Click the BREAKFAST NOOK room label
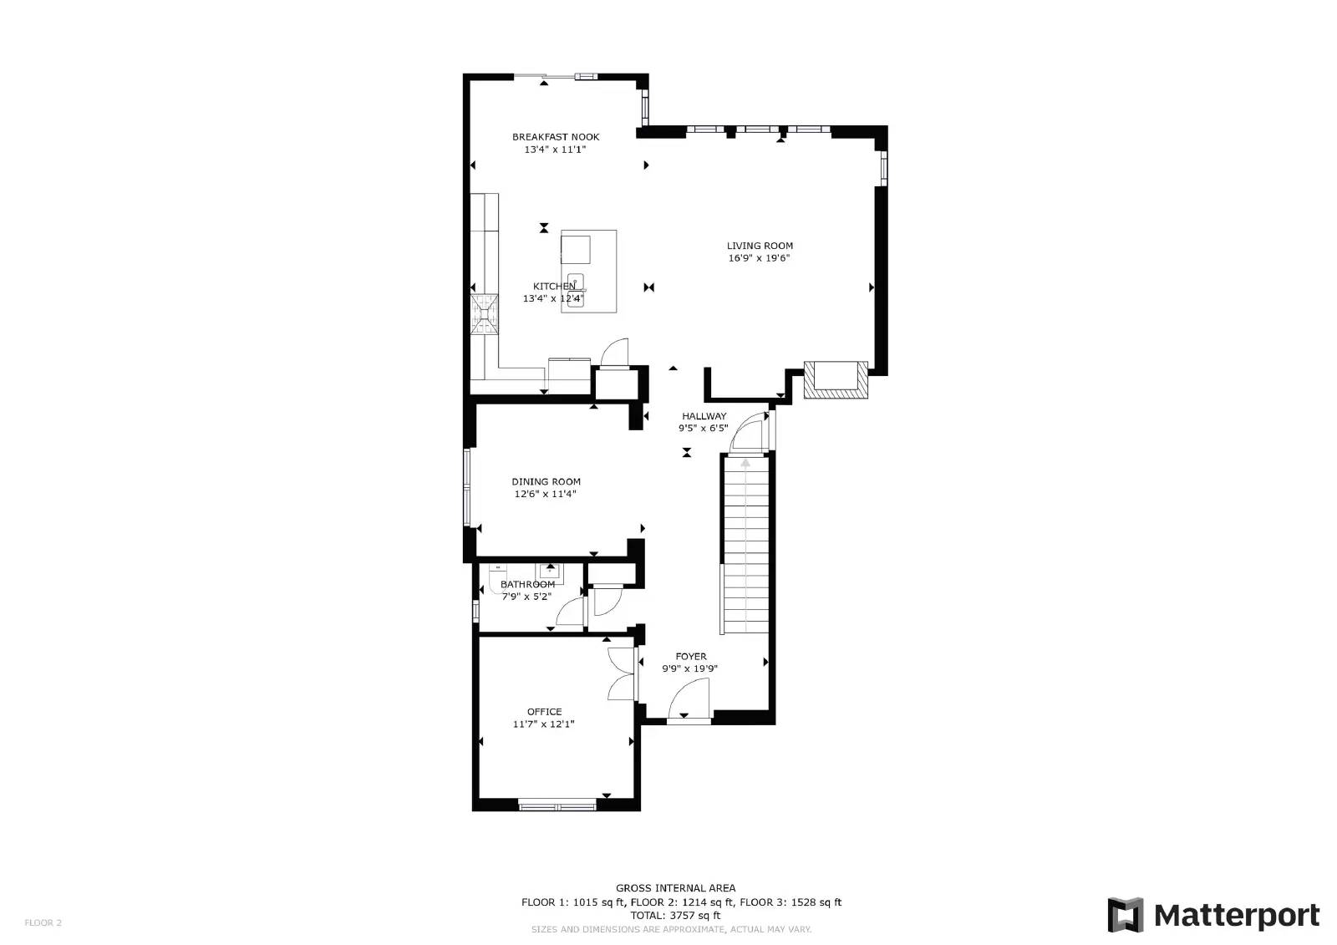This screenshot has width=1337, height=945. click(x=556, y=137)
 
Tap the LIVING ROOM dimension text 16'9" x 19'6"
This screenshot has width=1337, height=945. click(x=759, y=258)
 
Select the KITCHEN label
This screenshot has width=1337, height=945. click(x=554, y=287)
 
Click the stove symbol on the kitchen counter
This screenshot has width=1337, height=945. click(x=485, y=315)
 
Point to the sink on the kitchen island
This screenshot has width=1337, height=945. click(x=576, y=291)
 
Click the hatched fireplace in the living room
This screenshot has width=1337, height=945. click(x=835, y=379)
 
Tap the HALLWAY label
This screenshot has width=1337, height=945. click(x=704, y=416)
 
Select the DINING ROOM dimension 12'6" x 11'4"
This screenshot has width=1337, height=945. click(x=545, y=494)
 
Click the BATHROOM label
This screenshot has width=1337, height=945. click(x=527, y=584)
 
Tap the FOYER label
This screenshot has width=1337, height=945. click(x=691, y=657)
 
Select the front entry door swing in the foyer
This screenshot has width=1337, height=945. click(x=690, y=699)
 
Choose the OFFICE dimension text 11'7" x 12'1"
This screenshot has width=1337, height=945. click(x=544, y=724)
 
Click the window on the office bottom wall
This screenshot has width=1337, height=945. click(x=557, y=805)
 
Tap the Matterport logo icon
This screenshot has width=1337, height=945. click(x=1125, y=915)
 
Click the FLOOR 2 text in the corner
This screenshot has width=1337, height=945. click(x=43, y=923)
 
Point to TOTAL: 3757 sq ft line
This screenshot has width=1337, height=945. click(x=675, y=916)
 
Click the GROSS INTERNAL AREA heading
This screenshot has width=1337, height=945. click(x=675, y=888)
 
